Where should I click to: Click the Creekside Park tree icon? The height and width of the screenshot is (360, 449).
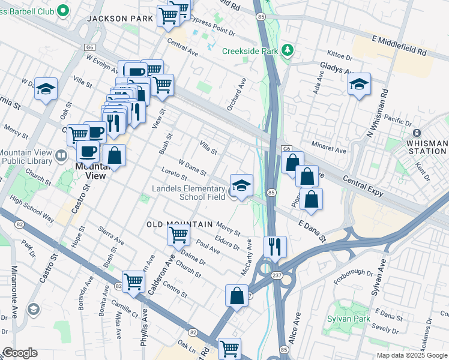click(288, 50)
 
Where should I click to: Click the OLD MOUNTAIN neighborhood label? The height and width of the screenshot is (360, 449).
click(180, 224)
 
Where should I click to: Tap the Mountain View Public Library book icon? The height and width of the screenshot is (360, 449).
click(61, 157)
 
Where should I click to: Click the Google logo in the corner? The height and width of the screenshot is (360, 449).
click(20, 353)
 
